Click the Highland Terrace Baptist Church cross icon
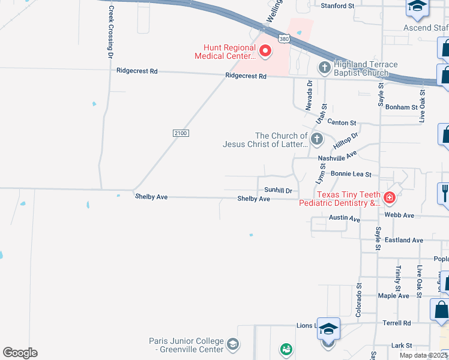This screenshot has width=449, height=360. coord(324,67)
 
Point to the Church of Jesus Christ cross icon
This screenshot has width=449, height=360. coord(317,140)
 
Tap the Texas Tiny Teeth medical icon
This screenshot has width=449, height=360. coord(390,196)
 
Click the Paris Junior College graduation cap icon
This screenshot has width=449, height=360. coord(233,344)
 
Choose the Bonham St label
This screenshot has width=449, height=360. coord(402,107)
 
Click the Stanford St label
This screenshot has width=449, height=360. coord(337,5)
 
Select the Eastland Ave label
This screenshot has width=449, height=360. coord(404,240)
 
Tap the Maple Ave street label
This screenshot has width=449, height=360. coord(393,296)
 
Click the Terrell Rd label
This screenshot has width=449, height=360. coord(396,323)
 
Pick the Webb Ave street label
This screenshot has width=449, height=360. coord(400,215)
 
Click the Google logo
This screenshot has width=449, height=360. coord(20,353)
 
